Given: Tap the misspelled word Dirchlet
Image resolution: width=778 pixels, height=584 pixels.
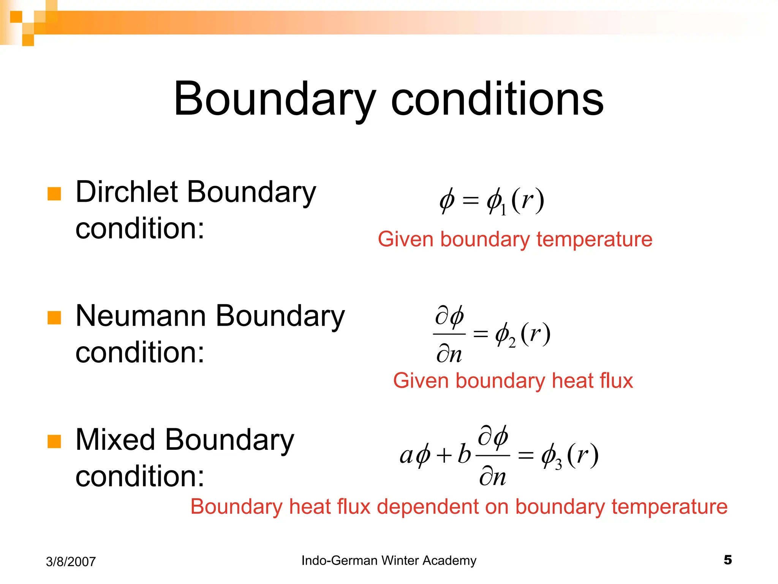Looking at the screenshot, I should [x=128, y=192].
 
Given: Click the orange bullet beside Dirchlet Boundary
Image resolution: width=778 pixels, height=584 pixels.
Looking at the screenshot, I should [x=54, y=194].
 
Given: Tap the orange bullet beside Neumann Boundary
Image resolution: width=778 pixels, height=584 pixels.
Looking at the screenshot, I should [x=54, y=318].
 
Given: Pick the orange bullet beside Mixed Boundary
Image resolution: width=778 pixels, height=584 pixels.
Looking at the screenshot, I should [x=54, y=442].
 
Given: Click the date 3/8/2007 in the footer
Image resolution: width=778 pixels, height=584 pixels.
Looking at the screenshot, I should [x=71, y=562].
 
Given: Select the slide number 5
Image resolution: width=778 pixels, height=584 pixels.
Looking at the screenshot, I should [x=727, y=560].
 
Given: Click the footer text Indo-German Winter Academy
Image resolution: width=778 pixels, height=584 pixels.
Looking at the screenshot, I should [x=389, y=560].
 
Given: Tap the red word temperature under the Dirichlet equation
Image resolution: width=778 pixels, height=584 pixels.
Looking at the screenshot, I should [x=594, y=240].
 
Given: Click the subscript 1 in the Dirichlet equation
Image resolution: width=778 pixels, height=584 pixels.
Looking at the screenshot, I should [x=503, y=210].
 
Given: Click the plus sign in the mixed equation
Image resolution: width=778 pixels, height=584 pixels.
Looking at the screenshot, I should [x=444, y=455].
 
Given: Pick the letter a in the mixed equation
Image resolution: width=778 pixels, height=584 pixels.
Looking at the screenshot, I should [x=406, y=456].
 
